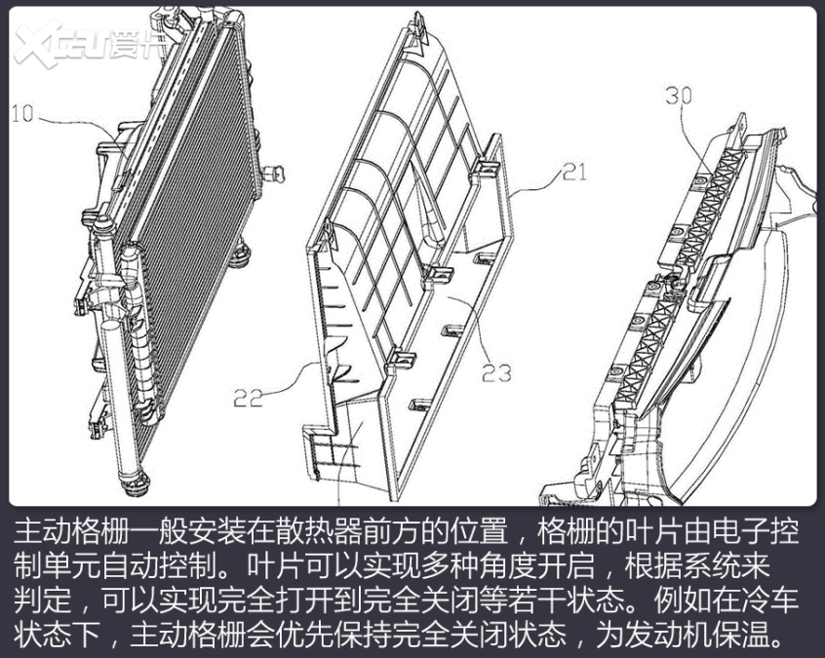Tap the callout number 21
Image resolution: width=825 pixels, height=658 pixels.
[x=573, y=174]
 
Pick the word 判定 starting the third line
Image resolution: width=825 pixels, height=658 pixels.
[x=36, y=600]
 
